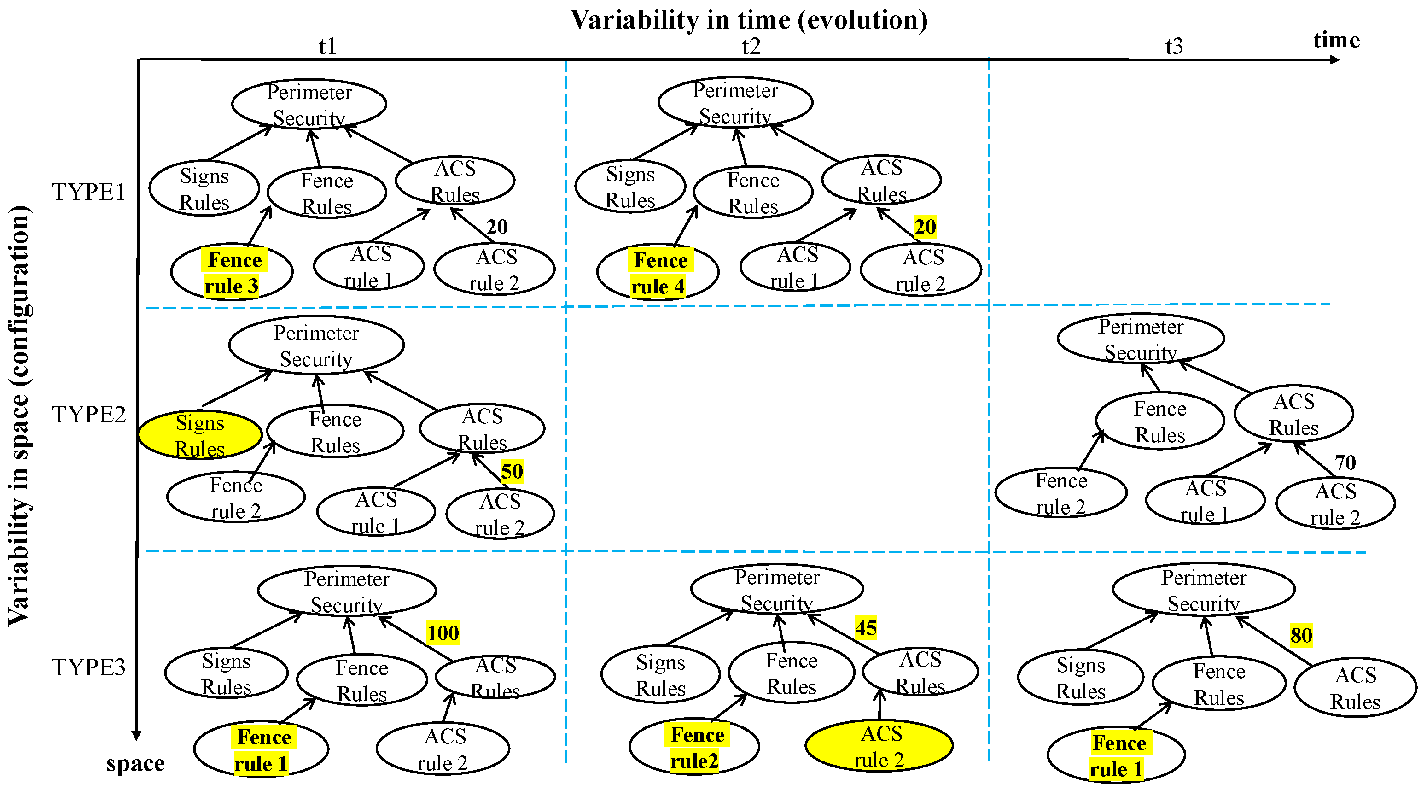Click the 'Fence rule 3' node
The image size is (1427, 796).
232,272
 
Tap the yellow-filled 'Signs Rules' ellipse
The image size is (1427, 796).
200,435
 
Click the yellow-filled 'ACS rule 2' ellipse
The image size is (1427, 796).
879,746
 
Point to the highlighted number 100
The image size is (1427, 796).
443,632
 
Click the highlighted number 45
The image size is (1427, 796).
866,627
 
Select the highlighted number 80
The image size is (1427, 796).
1301,635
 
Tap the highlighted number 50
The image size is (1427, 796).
512,471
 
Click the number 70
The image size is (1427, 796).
1345,462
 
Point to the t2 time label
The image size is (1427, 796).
751,46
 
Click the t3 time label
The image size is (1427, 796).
1174,46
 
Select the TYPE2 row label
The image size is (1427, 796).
88,414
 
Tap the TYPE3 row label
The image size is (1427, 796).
88,667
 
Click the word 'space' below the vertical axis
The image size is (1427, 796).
136,763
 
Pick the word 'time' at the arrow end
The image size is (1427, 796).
1337,40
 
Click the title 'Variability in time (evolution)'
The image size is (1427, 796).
749,20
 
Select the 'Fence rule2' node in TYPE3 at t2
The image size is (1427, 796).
694,747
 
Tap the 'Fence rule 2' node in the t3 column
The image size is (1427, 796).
1061,493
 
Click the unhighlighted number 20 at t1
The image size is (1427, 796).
497,227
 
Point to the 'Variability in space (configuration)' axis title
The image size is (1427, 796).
19,416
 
